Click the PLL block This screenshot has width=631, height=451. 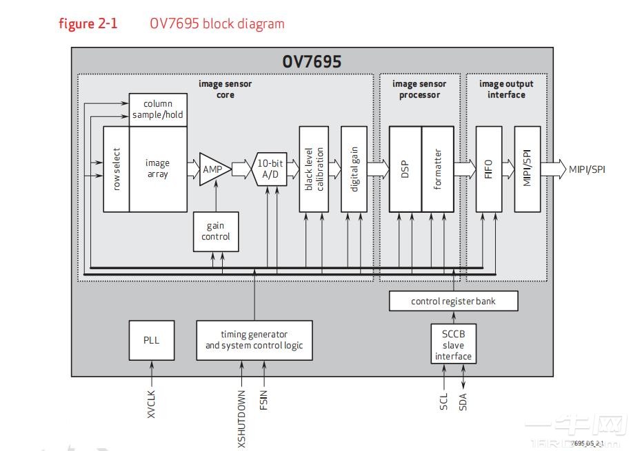(151, 340)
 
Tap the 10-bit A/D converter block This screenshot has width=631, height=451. (270, 169)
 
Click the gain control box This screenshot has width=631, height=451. (216, 231)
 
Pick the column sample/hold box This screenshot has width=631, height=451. (158, 109)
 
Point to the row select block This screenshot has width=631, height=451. (116, 169)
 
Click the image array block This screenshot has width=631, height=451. (158, 169)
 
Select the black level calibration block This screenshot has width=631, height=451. (314, 169)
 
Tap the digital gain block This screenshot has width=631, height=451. (354, 169)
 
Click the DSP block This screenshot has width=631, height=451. (405, 169)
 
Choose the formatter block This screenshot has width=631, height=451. (438, 169)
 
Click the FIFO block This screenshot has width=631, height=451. (488, 169)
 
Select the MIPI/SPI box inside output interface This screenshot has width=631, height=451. (528, 169)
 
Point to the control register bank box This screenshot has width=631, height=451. (453, 301)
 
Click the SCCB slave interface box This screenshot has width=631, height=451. (453, 344)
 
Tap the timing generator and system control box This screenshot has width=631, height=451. (254, 340)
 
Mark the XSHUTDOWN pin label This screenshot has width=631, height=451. (241, 419)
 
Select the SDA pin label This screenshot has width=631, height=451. (463, 401)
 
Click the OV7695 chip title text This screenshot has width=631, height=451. (312, 61)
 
